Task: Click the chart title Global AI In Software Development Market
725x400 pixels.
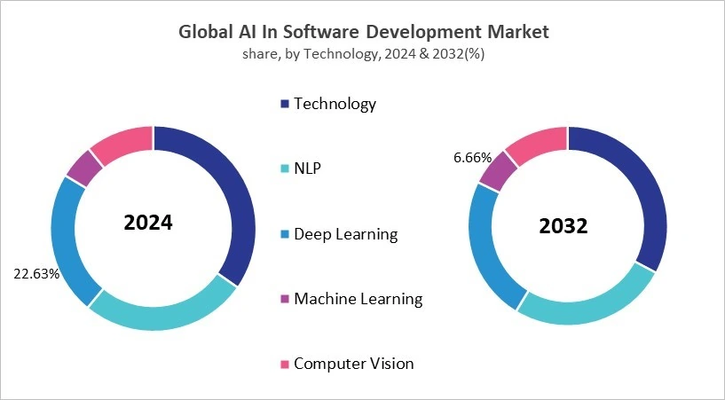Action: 364,32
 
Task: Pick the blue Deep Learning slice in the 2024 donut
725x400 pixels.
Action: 67,239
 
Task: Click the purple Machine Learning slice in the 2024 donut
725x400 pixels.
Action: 84,167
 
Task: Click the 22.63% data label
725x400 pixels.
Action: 36,273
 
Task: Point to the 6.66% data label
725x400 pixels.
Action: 472,157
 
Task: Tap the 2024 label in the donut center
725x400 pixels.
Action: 148,223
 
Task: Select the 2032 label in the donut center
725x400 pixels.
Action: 563,226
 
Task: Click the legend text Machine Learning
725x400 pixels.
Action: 358,298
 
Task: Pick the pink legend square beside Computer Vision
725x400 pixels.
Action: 285,364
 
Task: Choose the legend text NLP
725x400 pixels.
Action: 307,169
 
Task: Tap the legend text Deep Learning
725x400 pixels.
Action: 345,234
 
